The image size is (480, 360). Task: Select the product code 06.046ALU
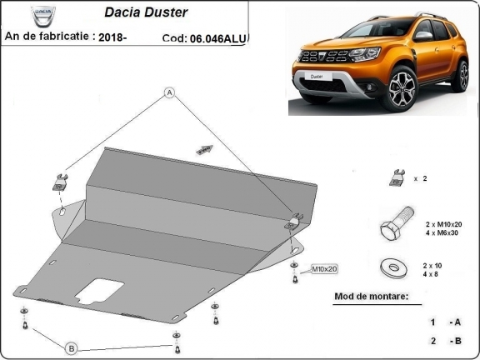[x=222, y=38]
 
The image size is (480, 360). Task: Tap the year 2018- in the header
[x=112, y=37]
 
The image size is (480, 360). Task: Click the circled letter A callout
[x=169, y=92]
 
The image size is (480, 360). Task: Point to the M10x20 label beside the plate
[x=324, y=269]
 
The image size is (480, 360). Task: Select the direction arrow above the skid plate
[x=204, y=150]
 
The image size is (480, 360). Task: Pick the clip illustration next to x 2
[x=393, y=177]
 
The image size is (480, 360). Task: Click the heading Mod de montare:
[x=371, y=297]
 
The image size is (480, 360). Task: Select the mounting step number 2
[x=433, y=341]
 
